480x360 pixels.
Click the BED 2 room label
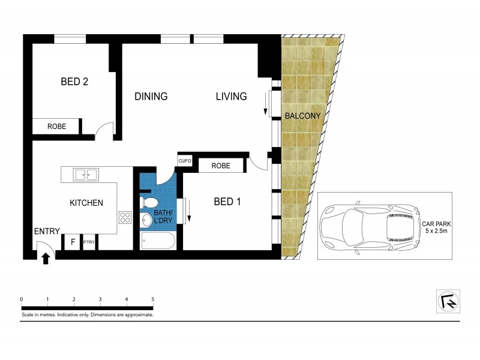click(74, 82)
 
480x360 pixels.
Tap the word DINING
click(151, 97)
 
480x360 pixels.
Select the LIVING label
click(231, 97)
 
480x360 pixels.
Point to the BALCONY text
click(302, 116)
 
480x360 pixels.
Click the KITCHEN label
click(86, 203)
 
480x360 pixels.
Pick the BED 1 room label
click(227, 202)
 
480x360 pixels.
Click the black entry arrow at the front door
click(46, 259)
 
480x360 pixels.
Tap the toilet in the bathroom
click(149, 202)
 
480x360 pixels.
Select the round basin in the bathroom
click(146, 220)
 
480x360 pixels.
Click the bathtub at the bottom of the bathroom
click(158, 241)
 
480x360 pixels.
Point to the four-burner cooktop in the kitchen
click(125, 217)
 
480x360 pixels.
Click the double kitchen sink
click(86, 175)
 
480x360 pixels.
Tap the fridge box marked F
click(72, 242)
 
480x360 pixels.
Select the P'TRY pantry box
click(89, 242)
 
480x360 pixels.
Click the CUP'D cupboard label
click(185, 161)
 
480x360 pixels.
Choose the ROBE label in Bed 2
click(56, 127)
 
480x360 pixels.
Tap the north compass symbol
click(448, 301)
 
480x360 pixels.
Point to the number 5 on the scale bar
click(153, 299)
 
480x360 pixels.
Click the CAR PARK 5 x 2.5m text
click(436, 227)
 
